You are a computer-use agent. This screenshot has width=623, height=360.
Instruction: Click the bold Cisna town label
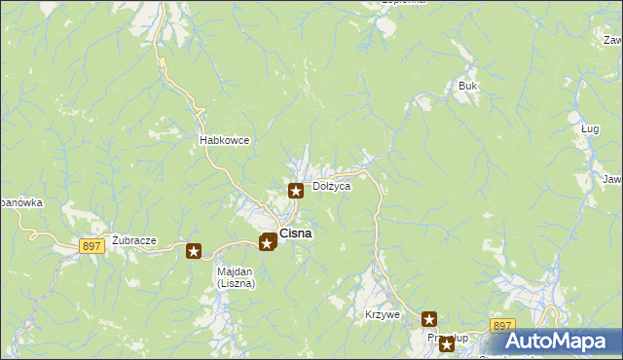tap(296, 234)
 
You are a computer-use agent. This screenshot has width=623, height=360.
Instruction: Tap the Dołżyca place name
tap(331, 186)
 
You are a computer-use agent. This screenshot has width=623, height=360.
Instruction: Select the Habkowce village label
tap(225, 140)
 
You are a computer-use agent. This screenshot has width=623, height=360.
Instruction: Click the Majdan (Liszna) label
tap(235, 277)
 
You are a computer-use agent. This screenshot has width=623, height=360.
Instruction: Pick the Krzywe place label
tap(383, 314)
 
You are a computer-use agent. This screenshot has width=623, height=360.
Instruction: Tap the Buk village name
tap(468, 87)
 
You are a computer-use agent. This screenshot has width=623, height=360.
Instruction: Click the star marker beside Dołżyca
tap(295, 190)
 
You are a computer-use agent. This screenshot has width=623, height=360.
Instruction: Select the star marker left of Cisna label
tap(267, 241)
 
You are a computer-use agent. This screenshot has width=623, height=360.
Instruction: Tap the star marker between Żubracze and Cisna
tap(194, 252)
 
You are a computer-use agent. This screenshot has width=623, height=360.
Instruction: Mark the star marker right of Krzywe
tap(429, 318)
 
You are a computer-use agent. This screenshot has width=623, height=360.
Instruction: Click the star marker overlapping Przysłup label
tap(447, 342)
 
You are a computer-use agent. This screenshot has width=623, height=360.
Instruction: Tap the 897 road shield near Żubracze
tap(92, 247)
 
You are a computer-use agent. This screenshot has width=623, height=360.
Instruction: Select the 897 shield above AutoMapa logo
tap(502, 326)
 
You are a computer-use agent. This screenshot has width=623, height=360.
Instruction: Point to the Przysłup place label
tap(440, 338)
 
